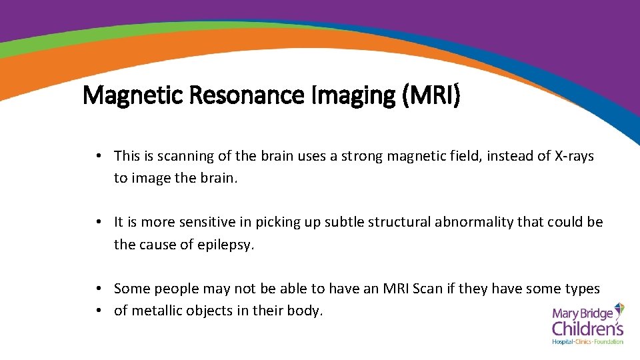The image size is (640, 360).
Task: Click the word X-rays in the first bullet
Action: tap(574, 156)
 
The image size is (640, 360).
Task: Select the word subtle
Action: tap(344, 223)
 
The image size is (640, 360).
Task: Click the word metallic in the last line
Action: tap(155, 311)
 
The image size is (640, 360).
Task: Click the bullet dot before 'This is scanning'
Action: tap(98, 156)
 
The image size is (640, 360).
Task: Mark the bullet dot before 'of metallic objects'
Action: tap(98, 311)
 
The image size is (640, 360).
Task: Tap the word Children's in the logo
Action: tap(587, 328)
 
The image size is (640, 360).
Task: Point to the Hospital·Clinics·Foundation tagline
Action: tap(587, 342)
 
